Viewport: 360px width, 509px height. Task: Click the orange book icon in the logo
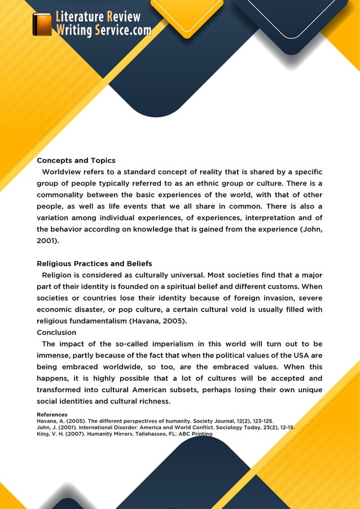tap(42, 24)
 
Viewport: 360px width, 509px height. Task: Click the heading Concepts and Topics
tap(76, 161)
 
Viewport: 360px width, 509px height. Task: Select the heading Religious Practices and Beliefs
tap(94, 264)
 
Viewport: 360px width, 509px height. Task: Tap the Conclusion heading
tap(56, 332)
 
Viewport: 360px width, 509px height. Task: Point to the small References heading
tap(52, 415)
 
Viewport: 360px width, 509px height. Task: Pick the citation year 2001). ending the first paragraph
tap(51, 240)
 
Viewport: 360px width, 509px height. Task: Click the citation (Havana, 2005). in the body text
tap(158, 321)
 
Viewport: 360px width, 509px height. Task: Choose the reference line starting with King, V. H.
tap(124, 434)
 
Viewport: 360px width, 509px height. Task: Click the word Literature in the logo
tap(80, 17)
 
